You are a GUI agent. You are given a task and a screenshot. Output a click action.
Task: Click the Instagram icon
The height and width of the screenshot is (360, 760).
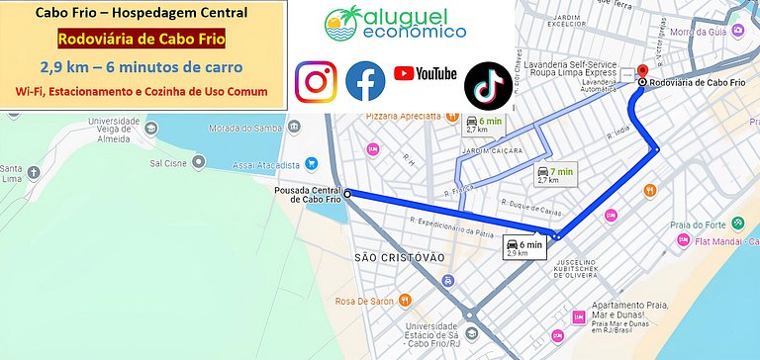pyautogui.click(x=316, y=81)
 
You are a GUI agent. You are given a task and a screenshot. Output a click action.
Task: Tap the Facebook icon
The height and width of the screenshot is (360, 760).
pyautogui.click(x=364, y=81)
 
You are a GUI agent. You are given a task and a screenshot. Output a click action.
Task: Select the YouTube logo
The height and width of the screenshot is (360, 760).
pyautogui.click(x=425, y=73)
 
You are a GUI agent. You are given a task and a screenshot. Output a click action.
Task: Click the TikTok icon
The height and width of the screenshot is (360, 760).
pyautogui.click(x=489, y=82)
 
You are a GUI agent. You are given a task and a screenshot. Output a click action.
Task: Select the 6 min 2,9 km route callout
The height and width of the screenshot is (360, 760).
pyautogui.click(x=523, y=247)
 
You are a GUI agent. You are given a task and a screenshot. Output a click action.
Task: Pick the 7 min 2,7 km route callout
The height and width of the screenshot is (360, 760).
pyautogui.click(x=554, y=175)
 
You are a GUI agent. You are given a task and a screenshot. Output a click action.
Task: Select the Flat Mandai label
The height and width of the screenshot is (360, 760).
pyautogui.click(x=719, y=240)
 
